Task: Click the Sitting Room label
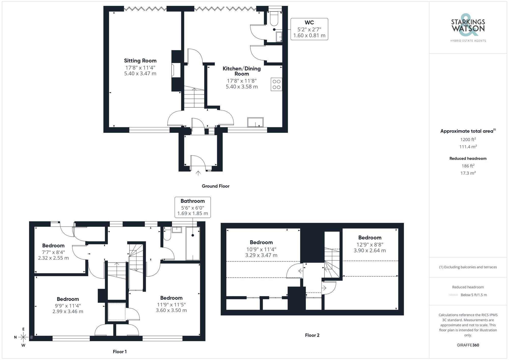pos(140,61)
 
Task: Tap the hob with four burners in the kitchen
pos(276,84)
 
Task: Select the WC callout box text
pos(309,29)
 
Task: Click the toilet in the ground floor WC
pos(274,19)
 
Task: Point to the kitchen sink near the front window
pos(255,122)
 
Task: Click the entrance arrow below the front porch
pos(198,173)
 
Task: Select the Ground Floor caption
pos(216,186)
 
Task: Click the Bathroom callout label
pos(193,201)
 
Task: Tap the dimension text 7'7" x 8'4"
pos(53,252)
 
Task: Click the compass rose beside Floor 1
pos(23,337)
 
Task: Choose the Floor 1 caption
pos(120,352)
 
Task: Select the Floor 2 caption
pos(312,335)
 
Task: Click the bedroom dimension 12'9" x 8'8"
pos(370,244)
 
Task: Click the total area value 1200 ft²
pos(468,139)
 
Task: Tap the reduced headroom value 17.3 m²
pos(468,173)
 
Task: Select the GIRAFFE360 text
pos(468,345)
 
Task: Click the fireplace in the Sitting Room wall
pos(176,70)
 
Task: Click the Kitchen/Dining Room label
pos(242,71)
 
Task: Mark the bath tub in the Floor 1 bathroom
pos(193,243)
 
